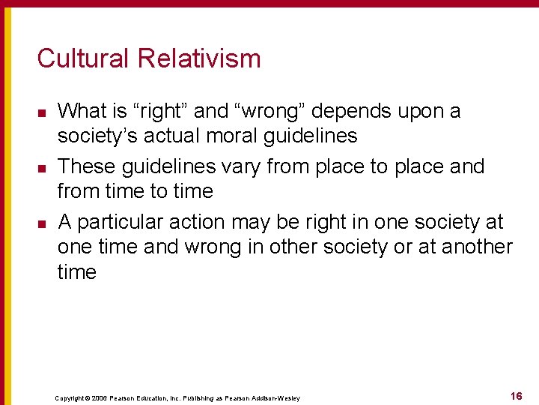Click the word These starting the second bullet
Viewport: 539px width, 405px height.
(x=85, y=166)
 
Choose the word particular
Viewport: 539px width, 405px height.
(x=121, y=222)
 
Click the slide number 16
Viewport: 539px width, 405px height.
(x=516, y=396)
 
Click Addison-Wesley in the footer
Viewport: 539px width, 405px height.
(x=278, y=398)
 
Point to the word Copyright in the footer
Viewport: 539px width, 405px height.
(x=71, y=398)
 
